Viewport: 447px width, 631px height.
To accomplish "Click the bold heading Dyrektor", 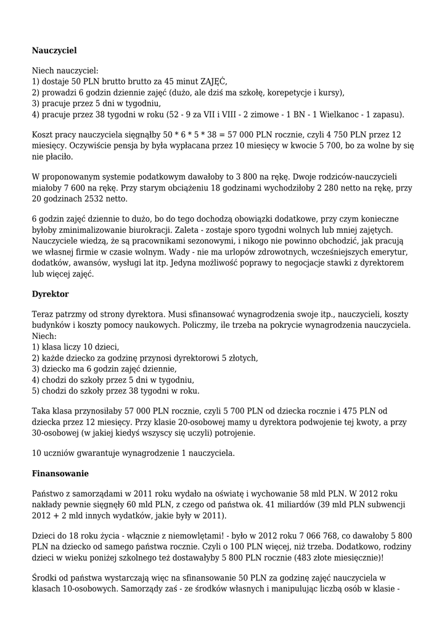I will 50,294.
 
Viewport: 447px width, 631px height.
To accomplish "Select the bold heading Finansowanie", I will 60,474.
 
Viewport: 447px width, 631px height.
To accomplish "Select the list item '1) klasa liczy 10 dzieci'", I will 75,347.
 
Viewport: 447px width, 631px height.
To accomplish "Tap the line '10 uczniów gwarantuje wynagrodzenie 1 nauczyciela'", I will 133,454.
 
